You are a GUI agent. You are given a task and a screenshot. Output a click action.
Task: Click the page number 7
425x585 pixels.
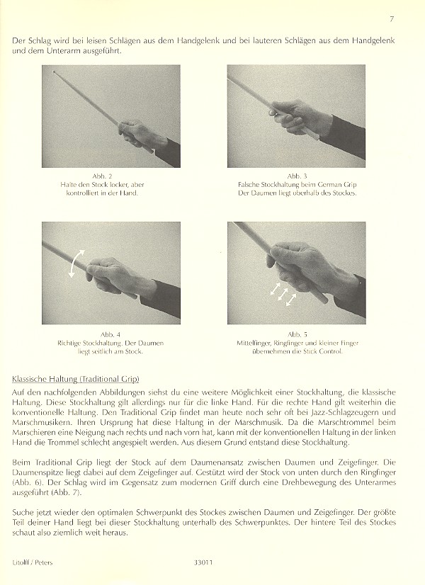point(392,19)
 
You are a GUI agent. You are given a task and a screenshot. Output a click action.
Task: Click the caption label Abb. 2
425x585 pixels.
point(102,176)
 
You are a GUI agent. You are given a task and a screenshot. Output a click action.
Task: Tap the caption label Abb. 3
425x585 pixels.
point(297,176)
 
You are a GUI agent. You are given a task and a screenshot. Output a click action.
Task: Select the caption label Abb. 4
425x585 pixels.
point(110,335)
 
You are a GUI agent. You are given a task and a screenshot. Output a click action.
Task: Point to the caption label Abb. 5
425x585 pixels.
point(297,335)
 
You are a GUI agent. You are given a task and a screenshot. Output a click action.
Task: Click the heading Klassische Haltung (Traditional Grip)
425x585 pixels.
point(75,379)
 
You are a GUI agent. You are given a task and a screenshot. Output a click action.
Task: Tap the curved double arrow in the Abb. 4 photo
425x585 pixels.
point(77,263)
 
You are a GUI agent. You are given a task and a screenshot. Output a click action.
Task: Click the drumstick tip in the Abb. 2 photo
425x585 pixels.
point(55,72)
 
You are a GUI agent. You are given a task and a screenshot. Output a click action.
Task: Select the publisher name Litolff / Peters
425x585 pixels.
point(32,562)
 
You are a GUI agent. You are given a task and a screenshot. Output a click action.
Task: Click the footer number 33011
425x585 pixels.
point(203,562)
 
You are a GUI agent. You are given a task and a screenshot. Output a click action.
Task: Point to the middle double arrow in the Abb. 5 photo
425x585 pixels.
point(283,295)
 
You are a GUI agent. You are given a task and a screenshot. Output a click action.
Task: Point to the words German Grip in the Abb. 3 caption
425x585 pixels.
point(338,185)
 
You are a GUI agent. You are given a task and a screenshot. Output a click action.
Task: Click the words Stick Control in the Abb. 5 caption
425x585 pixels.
point(323,351)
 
